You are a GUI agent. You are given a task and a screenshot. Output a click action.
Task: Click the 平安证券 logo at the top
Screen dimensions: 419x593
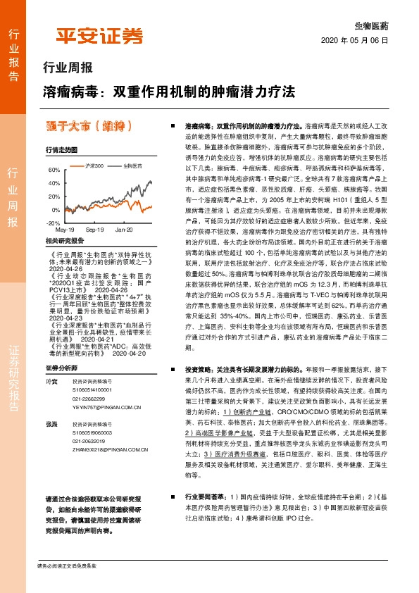(x=99, y=36)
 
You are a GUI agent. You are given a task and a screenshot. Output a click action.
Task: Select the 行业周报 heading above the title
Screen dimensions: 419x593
(x=68, y=69)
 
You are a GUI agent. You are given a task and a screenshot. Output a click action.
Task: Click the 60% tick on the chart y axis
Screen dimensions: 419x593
(x=54, y=170)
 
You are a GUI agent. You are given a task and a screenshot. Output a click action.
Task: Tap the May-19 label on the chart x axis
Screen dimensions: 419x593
(x=65, y=230)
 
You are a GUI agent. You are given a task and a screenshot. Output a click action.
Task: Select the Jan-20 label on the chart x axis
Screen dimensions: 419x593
(x=124, y=230)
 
